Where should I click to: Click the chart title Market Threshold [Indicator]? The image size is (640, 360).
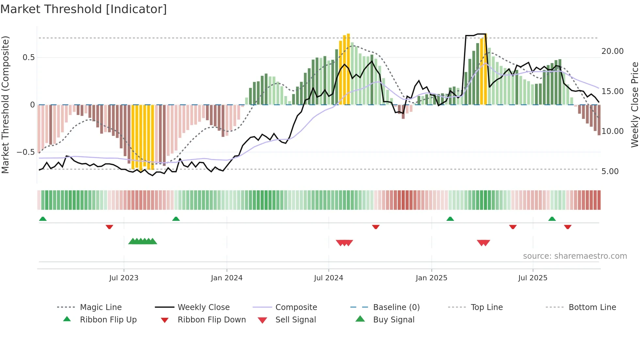point(84,9)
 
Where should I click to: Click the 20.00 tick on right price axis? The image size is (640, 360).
point(612,51)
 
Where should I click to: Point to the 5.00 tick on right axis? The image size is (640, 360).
point(610,172)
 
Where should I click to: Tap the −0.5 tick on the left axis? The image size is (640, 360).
point(25,152)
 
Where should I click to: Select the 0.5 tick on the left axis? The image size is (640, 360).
point(28,57)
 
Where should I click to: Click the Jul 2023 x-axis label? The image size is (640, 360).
point(124,278)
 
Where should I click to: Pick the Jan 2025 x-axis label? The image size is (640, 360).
point(431,278)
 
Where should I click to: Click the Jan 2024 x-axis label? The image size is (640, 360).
point(227,278)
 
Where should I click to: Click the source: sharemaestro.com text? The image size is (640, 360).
point(575,256)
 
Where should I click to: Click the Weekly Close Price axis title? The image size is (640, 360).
point(634,105)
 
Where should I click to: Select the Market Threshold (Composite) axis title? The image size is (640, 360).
point(5,105)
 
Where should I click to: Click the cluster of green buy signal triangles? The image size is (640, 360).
point(143,241)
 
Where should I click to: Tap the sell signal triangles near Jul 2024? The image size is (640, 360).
point(344,243)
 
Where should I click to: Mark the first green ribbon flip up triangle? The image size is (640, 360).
point(43,219)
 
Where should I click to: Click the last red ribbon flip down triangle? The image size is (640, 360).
point(568,227)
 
